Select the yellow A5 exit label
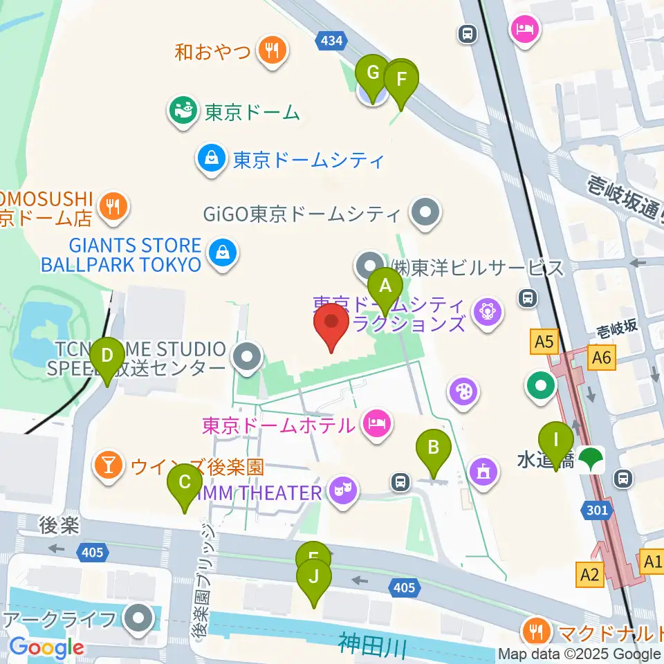click(x=544, y=340)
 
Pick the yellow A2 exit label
click(x=589, y=573)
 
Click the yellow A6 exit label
click(x=602, y=357)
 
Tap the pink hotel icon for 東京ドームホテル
click(x=376, y=424)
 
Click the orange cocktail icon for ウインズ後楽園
click(x=109, y=465)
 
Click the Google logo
click(x=46, y=647)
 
